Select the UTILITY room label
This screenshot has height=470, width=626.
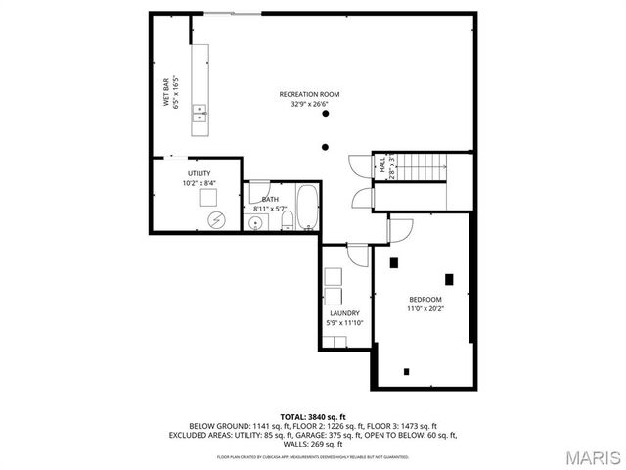(x=200, y=173)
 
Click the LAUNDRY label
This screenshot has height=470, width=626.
(x=344, y=313)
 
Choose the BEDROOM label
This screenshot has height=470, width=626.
(x=425, y=299)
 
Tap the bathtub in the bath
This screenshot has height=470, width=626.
(x=307, y=207)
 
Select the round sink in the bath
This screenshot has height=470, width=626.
(x=256, y=223)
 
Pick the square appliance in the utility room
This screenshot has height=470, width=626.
(x=208, y=197)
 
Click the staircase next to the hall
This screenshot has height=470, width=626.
(x=420, y=166)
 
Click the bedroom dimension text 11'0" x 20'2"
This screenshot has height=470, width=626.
(x=425, y=308)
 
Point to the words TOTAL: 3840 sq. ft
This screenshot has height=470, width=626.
(x=313, y=417)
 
